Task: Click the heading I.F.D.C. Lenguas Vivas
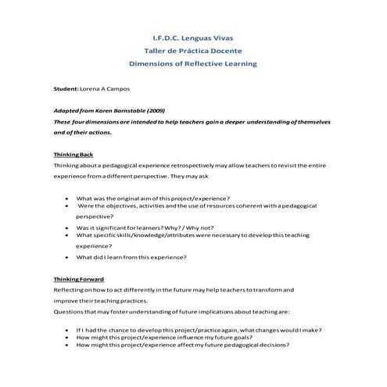point(192,37)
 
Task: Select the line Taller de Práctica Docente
point(192,50)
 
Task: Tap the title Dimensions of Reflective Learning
point(192,63)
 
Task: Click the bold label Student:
point(66,90)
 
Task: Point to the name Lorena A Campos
point(104,90)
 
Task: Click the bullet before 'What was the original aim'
point(68,199)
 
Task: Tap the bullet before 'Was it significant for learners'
point(68,228)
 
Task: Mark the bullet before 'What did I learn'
point(68,256)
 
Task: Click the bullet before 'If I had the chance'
point(68,330)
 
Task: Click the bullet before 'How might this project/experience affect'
point(68,345)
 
